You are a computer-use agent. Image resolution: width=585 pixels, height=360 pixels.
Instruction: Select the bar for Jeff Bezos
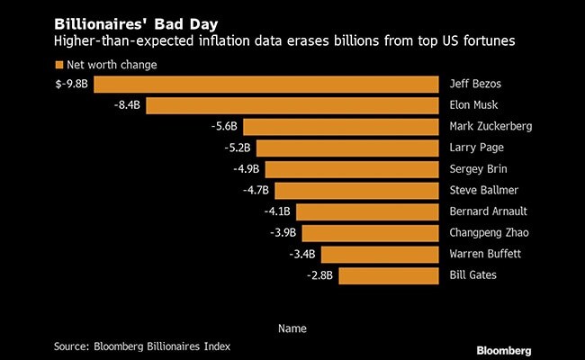tap(265, 85)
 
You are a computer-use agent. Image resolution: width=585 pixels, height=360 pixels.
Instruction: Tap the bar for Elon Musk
tap(292, 105)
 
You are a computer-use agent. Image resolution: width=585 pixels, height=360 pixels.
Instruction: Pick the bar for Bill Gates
tap(389, 274)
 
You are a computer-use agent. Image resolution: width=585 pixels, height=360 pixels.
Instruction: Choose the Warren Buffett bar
tap(379, 254)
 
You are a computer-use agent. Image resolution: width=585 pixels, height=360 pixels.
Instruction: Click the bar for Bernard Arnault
tap(367, 211)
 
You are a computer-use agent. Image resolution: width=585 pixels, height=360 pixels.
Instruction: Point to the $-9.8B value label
tap(71, 85)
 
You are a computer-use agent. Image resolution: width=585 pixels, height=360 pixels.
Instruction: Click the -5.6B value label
tap(221, 127)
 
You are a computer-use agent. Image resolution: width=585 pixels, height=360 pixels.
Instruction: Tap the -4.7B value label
tap(255, 190)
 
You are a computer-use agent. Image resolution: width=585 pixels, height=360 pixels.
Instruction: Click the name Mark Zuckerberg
tap(490, 127)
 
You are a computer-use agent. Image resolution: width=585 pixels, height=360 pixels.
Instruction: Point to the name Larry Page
tap(475, 148)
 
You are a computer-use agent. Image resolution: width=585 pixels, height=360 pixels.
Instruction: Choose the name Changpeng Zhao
tap(489, 232)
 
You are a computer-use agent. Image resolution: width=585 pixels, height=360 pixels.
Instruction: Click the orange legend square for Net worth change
tap(59, 65)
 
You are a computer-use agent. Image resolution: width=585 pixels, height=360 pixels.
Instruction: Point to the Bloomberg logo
tap(503, 348)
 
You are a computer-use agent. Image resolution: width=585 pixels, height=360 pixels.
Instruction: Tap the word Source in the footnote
tap(70, 346)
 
